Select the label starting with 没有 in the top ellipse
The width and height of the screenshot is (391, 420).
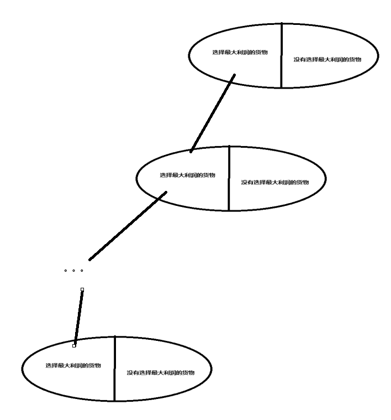click(x=327, y=59)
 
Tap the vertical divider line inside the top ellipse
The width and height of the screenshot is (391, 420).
click(x=282, y=55)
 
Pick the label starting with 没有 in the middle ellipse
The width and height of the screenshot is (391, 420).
click(x=274, y=182)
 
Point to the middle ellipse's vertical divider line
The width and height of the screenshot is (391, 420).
click(x=229, y=178)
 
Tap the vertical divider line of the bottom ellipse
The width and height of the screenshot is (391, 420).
click(x=114, y=369)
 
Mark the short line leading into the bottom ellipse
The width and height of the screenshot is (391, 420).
click(x=78, y=317)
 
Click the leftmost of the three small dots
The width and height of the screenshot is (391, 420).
click(x=65, y=271)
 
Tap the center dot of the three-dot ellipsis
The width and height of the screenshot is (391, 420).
click(x=73, y=271)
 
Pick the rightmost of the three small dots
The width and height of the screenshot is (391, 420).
click(x=82, y=271)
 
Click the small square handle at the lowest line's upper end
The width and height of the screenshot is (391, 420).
click(x=82, y=289)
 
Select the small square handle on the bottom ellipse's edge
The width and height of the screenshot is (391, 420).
click(x=74, y=345)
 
